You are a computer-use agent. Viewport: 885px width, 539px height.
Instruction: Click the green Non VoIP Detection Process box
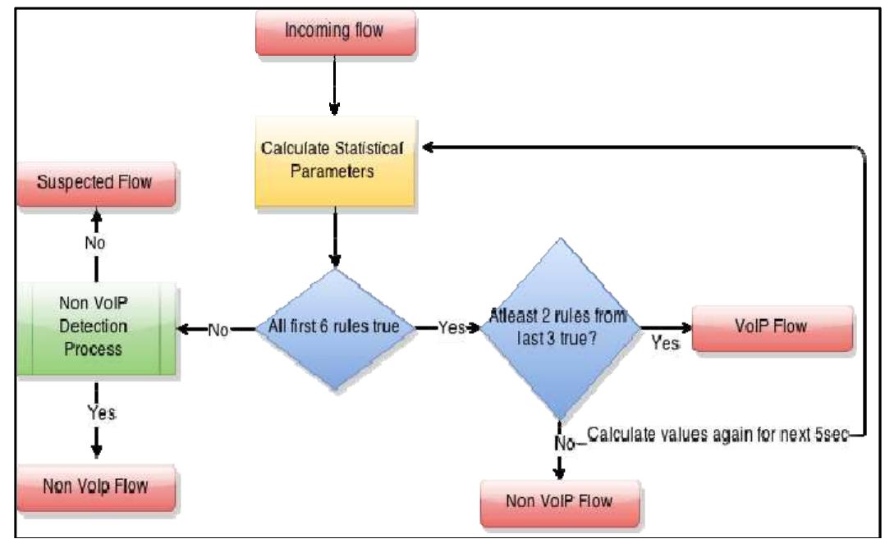96,327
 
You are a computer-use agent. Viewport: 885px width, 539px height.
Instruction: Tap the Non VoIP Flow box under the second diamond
560,499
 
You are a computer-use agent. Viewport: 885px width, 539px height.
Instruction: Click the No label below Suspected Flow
96,244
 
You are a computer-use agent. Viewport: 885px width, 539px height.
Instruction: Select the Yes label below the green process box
96,412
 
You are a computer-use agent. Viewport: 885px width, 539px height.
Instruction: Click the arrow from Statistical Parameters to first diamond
334,238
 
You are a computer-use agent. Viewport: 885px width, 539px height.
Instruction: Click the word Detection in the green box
96,327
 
